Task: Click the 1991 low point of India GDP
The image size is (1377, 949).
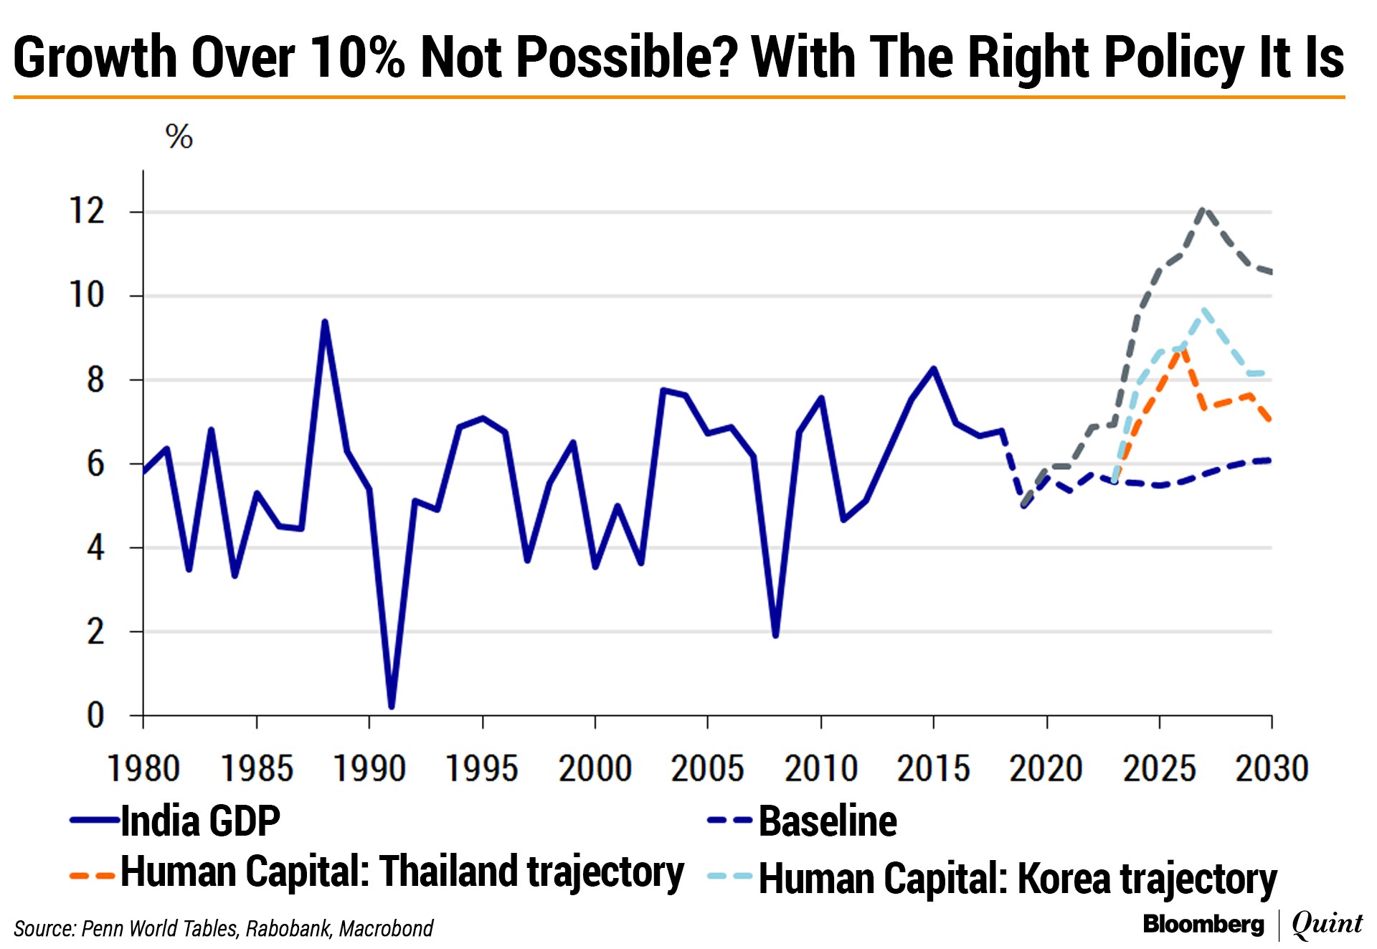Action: click(x=392, y=707)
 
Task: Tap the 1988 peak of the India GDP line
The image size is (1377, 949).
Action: click(x=325, y=322)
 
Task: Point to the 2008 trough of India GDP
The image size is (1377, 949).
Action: click(x=775, y=635)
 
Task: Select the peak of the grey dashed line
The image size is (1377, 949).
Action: click(x=1204, y=209)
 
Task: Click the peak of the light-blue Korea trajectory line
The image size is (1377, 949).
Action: click(x=1204, y=311)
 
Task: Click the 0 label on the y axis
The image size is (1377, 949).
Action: click(x=95, y=716)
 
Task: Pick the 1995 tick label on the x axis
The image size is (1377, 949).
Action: click(x=482, y=769)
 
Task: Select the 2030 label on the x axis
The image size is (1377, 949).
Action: click(x=1272, y=769)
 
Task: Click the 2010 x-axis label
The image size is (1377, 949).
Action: click(x=820, y=769)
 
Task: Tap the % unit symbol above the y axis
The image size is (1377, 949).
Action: click(x=179, y=136)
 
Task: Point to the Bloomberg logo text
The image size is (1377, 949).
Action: click(x=1203, y=924)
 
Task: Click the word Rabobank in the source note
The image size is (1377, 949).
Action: click(x=288, y=928)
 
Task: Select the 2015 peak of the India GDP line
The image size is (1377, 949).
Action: click(x=934, y=369)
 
